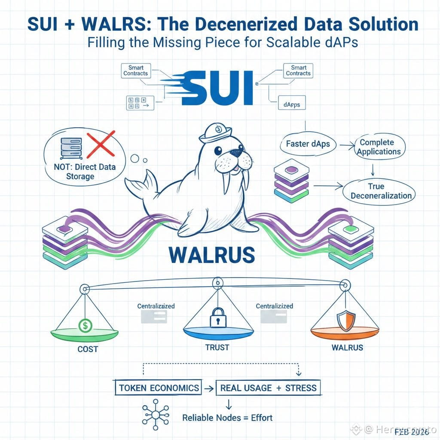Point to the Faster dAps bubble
tap(308, 144)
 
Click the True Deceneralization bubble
tap(381, 191)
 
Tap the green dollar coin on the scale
tap(85, 326)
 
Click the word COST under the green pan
tap(88, 349)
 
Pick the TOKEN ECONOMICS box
tap(159, 388)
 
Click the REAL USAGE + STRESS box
tap(268, 388)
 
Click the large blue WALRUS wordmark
tap(212, 254)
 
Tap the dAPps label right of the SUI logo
tap(292, 104)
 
